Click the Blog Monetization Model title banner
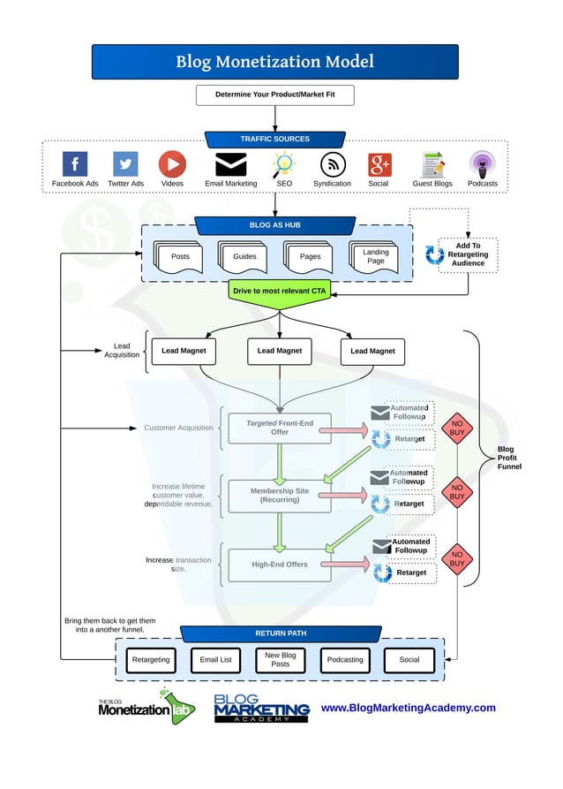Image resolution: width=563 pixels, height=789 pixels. coord(274,62)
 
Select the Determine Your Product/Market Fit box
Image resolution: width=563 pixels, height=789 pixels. coord(274,95)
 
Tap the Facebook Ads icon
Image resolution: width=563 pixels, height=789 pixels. coord(75,164)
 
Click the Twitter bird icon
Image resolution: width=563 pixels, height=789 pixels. coord(125,164)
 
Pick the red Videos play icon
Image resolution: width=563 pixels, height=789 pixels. coord(172,164)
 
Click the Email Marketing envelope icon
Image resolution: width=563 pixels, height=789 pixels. coord(231,164)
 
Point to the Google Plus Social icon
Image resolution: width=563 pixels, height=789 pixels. coord(379,164)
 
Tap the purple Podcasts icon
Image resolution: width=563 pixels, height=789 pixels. coord(482,164)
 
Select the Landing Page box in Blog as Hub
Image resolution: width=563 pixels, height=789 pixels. coord(376,256)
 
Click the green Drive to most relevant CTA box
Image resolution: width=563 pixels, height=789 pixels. coord(279,291)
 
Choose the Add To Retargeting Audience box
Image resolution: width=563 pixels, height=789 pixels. coord(468,254)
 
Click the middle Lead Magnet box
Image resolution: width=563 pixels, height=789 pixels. coord(279,351)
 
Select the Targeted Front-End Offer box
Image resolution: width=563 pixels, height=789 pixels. coord(279,429)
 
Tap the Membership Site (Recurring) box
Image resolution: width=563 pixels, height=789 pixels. coord(279,496)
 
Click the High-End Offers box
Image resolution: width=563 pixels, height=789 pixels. coord(279,565)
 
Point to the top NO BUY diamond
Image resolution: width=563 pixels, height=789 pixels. coord(456,429)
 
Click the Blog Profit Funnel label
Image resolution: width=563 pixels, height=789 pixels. coord(509,458)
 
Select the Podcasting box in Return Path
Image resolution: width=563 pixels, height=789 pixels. coord(344,660)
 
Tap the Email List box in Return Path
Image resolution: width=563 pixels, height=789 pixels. coord(215,660)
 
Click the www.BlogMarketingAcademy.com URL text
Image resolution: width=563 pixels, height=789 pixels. coord(408,708)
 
